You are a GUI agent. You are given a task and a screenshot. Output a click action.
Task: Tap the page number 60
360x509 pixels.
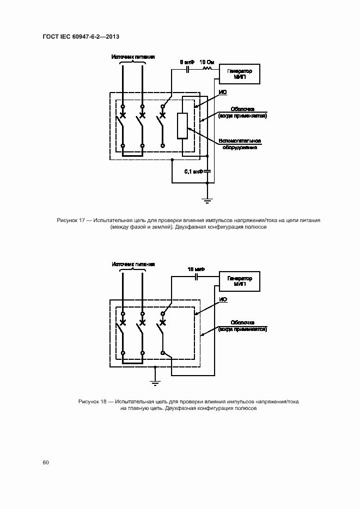pyautogui.click(x=46, y=462)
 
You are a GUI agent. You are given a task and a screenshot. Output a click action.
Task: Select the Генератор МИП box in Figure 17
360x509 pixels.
pyautogui.click(x=239, y=73)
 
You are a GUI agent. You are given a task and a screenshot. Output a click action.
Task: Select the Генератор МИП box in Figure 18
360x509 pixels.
pyautogui.click(x=239, y=280)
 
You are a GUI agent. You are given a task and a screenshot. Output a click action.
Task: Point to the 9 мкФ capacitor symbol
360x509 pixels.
pyautogui.click(x=189, y=69)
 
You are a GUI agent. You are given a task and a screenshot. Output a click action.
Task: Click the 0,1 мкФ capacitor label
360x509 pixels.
pyautogui.click(x=193, y=171)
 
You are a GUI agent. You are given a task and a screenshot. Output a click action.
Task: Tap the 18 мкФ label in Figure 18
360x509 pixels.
pyautogui.click(x=194, y=269)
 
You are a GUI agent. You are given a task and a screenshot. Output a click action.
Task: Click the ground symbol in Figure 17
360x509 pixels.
pyautogui.click(x=208, y=201)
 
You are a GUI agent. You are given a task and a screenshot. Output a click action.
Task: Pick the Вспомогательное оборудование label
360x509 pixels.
pyautogui.click(x=240, y=145)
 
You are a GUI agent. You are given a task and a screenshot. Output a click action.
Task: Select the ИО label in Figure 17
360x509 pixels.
pyautogui.click(x=222, y=93)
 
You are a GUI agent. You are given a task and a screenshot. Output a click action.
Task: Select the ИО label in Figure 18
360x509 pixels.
pyautogui.click(x=222, y=300)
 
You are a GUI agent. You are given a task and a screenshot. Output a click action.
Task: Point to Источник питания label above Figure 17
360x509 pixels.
pyautogui.click(x=133, y=57)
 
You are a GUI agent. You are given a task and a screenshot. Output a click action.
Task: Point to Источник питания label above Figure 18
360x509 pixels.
pyautogui.click(x=133, y=264)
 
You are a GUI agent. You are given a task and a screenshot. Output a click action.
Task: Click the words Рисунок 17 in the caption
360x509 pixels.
pyautogui.click(x=72, y=220)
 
